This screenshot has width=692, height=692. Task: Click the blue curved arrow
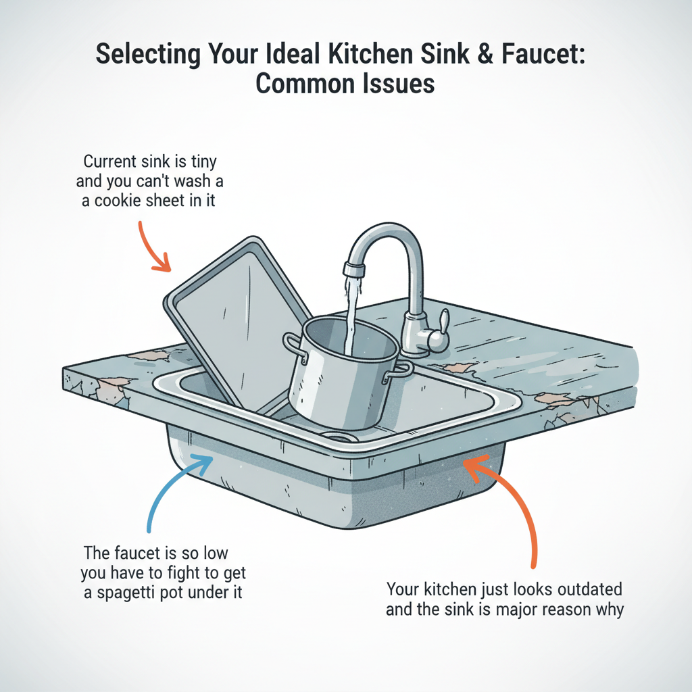click(169, 493)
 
